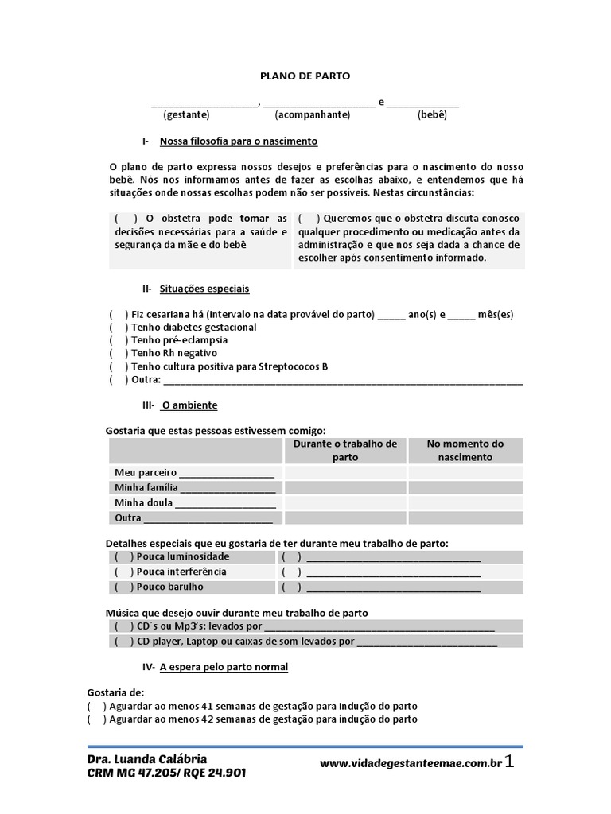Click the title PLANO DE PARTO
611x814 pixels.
pos(305,76)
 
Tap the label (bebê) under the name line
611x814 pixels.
pos(432,114)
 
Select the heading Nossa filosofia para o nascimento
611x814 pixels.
pos(239,141)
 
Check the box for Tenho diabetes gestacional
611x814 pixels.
pos(119,328)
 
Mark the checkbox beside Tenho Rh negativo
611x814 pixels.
pos(119,353)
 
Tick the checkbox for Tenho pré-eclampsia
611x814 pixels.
pos(119,340)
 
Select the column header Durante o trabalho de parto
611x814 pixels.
pos(345,450)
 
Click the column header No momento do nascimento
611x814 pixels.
pos(465,450)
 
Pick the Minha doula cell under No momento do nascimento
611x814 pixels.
pos(465,503)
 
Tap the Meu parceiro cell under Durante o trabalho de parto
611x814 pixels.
pos(345,472)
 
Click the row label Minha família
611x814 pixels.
pos(146,487)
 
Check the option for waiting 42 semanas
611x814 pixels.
pos(96,719)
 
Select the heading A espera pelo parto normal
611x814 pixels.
pos(224,667)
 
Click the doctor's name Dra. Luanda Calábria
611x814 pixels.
pos(147,758)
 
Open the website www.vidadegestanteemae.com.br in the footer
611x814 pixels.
pos(411,763)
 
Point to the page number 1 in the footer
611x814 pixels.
pos(510,762)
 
